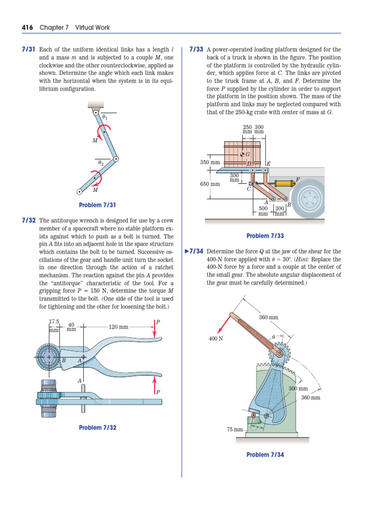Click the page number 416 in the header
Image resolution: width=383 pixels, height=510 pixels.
(27, 27)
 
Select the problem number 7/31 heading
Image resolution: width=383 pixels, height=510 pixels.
(28, 50)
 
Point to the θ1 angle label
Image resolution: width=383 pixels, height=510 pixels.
(104, 118)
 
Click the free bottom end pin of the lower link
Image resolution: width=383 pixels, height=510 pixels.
(79, 191)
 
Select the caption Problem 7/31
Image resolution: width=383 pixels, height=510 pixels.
(97, 205)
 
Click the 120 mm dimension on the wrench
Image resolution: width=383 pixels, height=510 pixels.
(118, 327)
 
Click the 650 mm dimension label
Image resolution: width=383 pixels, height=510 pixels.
(210, 184)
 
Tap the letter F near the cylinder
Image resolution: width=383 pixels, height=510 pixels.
(298, 179)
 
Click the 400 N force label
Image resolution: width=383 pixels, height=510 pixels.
(215, 338)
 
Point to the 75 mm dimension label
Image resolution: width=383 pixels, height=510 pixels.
(235, 429)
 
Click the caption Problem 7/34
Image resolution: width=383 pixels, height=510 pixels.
(265, 455)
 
